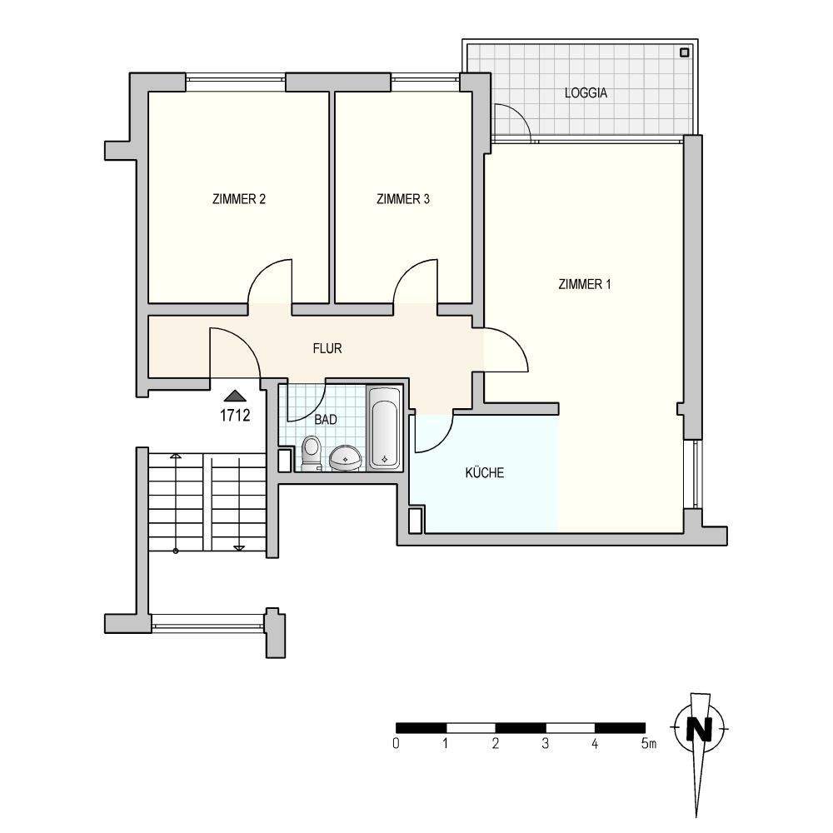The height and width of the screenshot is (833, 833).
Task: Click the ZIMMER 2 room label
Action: coord(238,199)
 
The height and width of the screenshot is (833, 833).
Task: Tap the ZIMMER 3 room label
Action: coord(402,199)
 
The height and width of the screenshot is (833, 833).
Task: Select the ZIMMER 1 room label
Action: coord(585,284)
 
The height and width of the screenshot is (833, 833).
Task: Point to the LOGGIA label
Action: coord(586,93)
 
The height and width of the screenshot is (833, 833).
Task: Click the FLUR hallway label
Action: coord(327,348)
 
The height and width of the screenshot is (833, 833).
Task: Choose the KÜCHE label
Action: coord(485,472)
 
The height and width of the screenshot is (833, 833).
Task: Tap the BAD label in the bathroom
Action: coord(326,420)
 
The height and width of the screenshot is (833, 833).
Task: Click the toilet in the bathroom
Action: coord(312,452)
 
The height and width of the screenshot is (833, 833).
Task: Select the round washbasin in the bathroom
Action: coord(346,457)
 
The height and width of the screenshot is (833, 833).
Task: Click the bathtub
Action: coord(384,427)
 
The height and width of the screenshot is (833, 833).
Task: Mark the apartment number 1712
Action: coord(235,415)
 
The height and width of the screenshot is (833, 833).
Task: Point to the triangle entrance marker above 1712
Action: coord(235,396)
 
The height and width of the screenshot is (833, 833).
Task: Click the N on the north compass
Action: coord(700,728)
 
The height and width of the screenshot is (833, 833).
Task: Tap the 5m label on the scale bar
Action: coord(649,743)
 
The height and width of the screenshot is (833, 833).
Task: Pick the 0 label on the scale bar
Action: coord(396,743)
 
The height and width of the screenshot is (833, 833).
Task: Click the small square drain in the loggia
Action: coord(684,52)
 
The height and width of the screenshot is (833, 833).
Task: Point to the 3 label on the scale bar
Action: coord(545,743)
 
